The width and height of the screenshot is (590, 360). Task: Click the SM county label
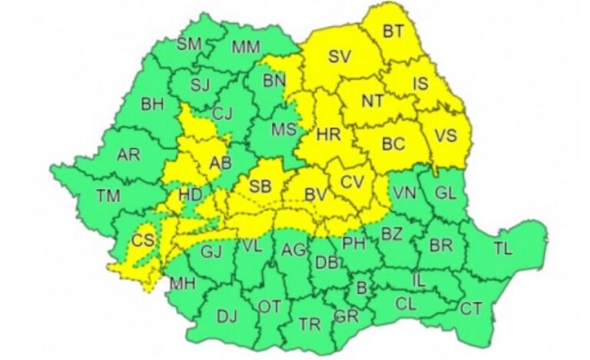(x=189, y=44)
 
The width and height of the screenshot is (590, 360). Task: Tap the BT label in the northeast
(x=393, y=31)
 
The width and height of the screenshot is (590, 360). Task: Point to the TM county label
(x=108, y=196)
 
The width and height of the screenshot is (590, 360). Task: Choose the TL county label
(x=502, y=248)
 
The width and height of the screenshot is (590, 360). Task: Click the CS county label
(x=141, y=239)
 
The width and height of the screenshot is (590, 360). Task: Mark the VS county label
(x=446, y=135)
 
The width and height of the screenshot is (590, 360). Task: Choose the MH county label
(x=182, y=283)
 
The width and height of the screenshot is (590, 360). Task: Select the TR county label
(x=310, y=325)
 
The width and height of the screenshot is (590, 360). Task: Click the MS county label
(x=283, y=130)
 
